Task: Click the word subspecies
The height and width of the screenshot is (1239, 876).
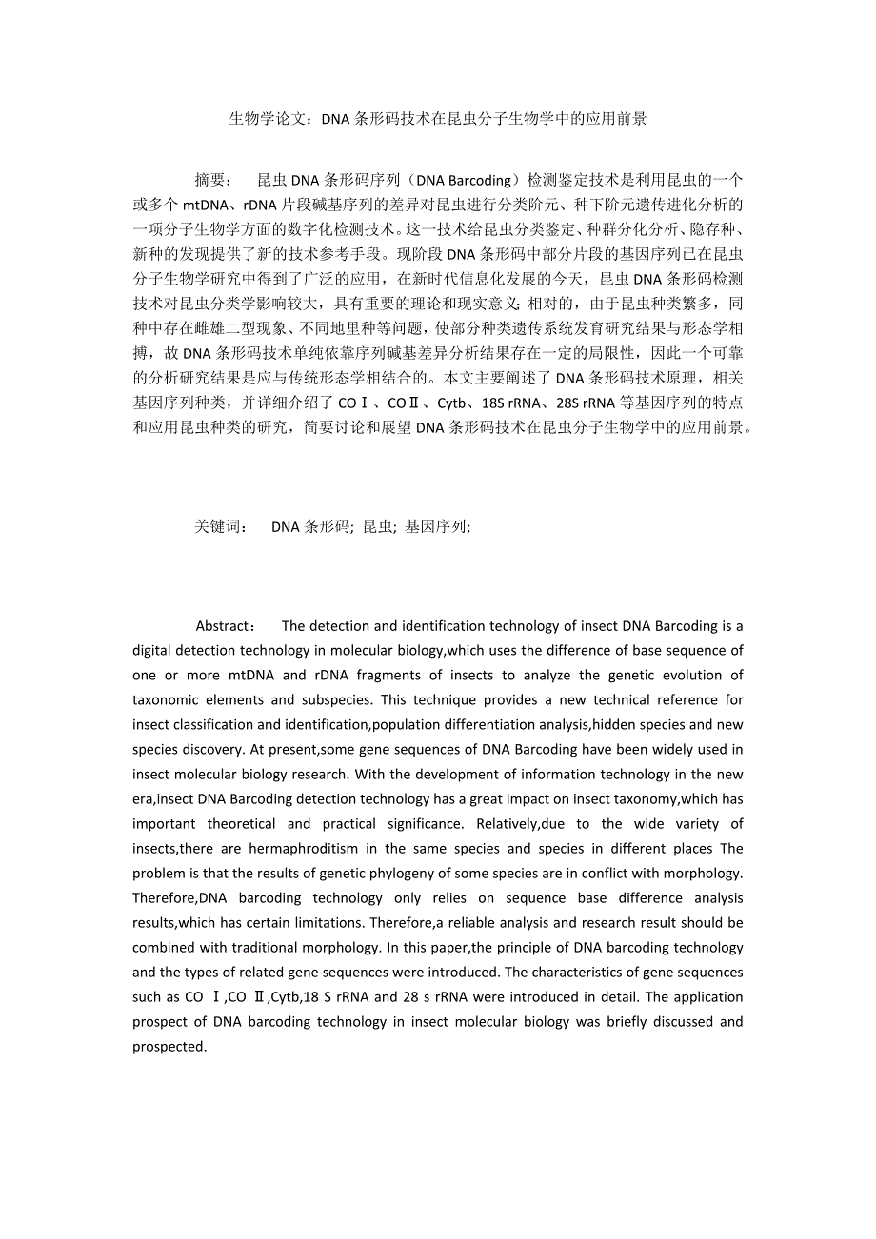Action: pos(314,700)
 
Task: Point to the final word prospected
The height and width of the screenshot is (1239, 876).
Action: pos(169,1047)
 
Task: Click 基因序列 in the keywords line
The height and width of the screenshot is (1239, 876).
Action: pos(436,526)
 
